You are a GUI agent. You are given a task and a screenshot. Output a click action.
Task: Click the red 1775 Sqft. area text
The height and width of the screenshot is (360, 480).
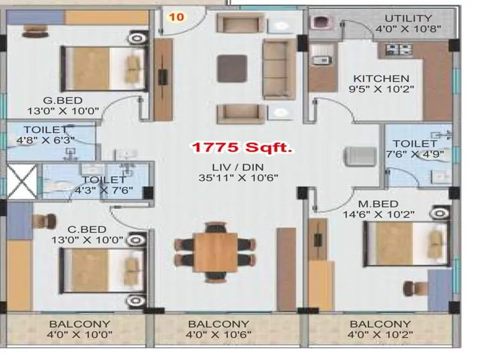tap(241, 147)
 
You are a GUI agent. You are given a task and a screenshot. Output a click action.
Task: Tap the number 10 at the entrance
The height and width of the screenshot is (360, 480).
tap(176, 17)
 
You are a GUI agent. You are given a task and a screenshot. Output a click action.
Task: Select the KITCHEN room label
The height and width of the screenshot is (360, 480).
tap(381, 79)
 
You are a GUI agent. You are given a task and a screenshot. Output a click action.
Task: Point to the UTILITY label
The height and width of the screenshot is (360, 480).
tap(408, 18)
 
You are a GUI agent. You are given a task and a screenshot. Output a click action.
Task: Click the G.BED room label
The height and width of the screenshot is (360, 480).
tap(62, 100)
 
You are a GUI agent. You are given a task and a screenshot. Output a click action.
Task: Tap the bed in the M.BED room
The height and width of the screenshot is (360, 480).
tap(406, 243)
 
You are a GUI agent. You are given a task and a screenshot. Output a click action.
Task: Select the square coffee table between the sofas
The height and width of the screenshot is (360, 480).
tap(232, 68)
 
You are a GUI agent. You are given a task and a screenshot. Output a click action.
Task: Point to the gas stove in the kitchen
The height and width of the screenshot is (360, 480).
tap(397, 49)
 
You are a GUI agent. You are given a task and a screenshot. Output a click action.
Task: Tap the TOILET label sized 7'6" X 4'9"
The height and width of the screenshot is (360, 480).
tap(415, 143)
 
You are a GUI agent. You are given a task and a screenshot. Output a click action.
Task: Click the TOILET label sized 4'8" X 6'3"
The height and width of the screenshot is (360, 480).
tap(46, 130)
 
